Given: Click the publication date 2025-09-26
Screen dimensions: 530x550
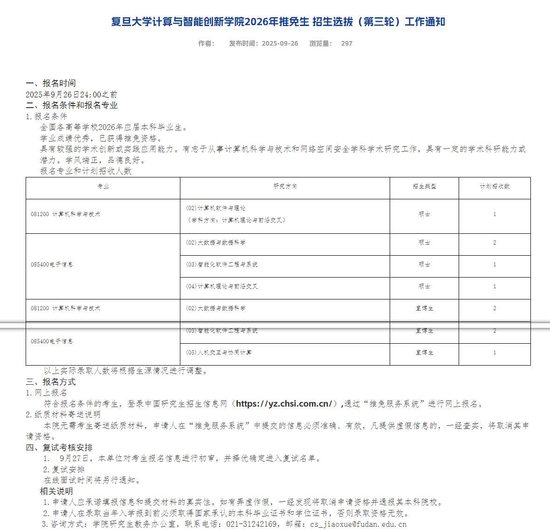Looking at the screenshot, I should click(x=280, y=43).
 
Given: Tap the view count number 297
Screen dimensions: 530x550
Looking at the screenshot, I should click(x=347, y=43).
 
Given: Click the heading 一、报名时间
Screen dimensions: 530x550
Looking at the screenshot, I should click(x=51, y=83).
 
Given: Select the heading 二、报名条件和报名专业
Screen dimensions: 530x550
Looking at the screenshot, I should click(x=72, y=105).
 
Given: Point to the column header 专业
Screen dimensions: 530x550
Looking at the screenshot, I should click(x=103, y=186).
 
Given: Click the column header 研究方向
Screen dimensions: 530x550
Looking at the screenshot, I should click(x=285, y=186).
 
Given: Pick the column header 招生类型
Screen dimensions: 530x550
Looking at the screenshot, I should click(x=424, y=186).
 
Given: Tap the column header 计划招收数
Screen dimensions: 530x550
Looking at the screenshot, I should click(x=495, y=186).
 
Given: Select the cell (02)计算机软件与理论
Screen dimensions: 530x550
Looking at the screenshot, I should click(x=215, y=208).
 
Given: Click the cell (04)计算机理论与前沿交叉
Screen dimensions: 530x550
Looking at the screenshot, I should click(x=221, y=286).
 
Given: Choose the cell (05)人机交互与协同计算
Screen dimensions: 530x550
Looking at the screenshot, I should click(x=219, y=353).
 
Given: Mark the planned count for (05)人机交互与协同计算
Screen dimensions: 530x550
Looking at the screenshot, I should click(x=495, y=353).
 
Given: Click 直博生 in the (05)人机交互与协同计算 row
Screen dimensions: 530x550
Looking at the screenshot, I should click(x=424, y=353).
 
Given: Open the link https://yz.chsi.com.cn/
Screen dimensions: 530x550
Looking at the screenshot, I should click(x=284, y=404).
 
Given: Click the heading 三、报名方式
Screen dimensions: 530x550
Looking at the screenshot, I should click(x=51, y=382).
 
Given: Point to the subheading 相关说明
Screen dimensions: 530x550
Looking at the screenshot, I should click(x=56, y=491).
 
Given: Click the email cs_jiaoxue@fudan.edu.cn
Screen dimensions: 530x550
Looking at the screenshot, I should click(x=358, y=524).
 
